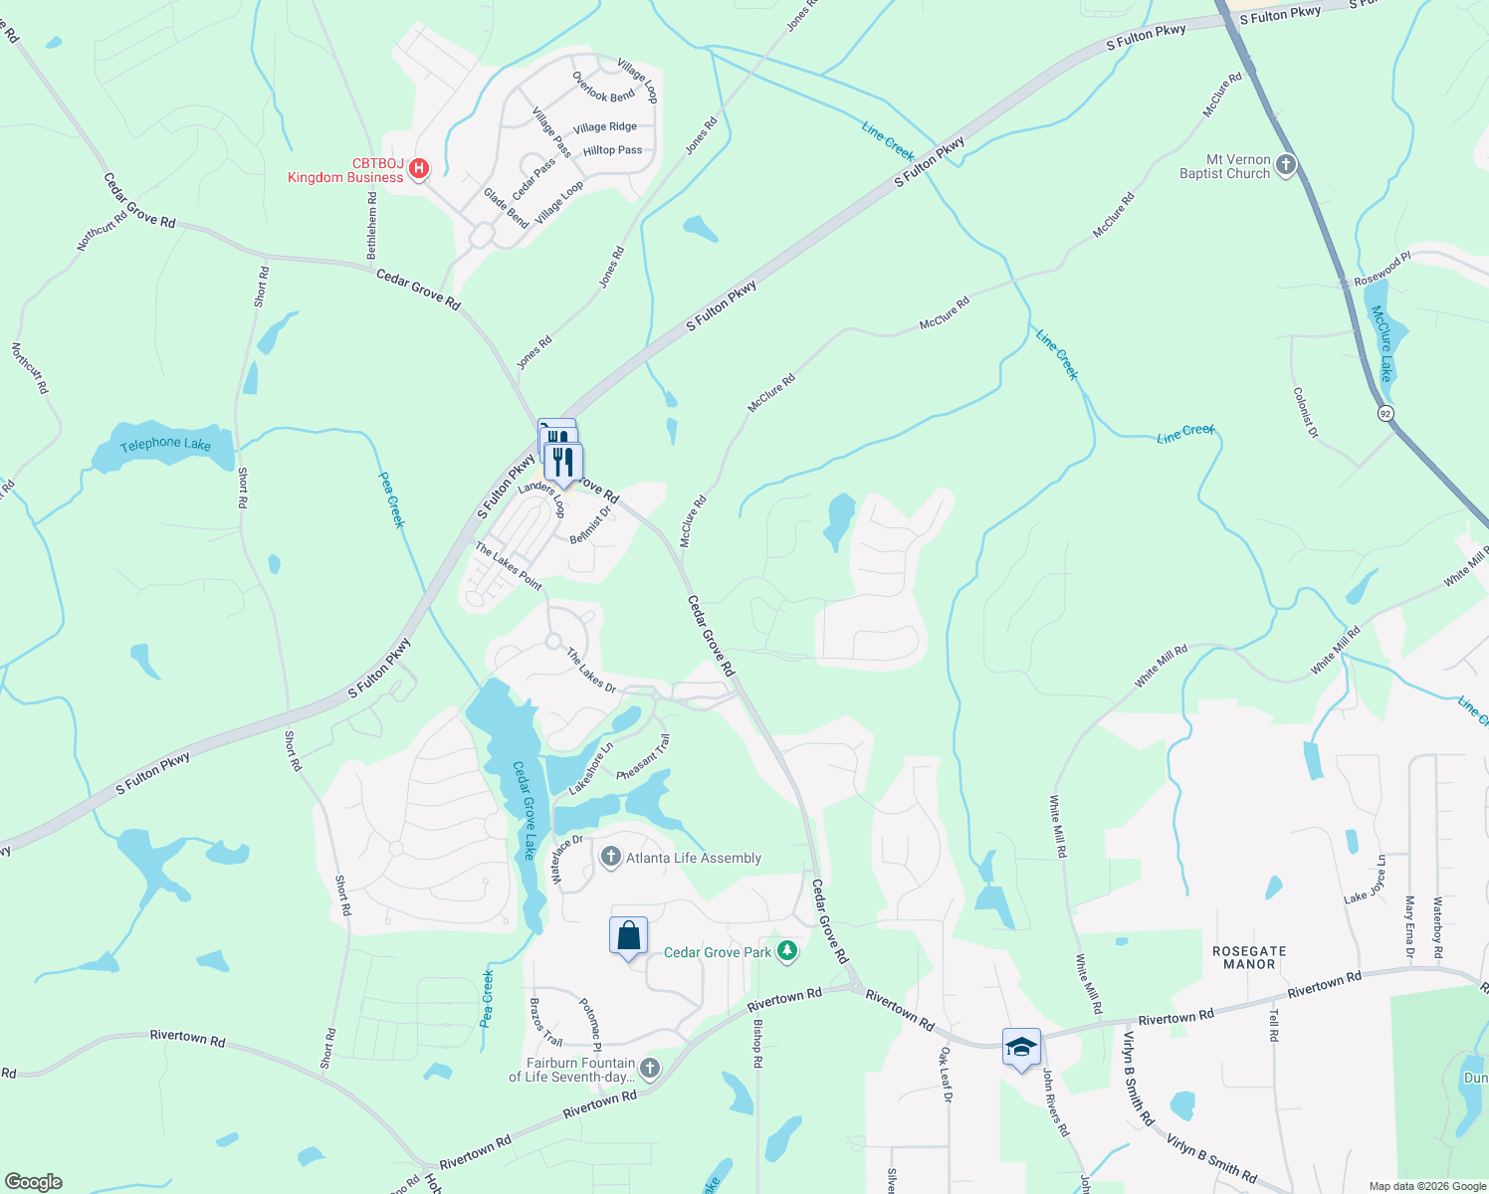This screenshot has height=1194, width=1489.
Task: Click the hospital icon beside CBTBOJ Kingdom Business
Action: click(419, 168)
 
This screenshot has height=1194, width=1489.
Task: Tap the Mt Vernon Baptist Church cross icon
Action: click(1286, 165)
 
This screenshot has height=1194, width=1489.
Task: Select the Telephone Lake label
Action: click(165, 444)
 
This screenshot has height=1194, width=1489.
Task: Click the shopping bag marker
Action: click(628, 936)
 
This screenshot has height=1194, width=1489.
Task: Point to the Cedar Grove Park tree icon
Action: click(787, 951)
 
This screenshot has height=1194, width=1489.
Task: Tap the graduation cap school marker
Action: click(1021, 1047)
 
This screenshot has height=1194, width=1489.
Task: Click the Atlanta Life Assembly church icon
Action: click(611, 857)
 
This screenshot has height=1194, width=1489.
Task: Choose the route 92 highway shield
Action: click(1385, 412)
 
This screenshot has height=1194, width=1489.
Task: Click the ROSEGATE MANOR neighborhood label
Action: click(1249, 957)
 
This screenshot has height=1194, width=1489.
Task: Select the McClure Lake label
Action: click(1383, 343)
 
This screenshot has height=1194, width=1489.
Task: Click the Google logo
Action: click(33, 1181)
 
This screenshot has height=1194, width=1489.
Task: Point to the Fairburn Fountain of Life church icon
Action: click(650, 1069)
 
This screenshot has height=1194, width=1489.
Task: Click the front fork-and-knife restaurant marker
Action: click(563, 462)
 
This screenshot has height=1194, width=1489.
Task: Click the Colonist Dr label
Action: click(1305, 412)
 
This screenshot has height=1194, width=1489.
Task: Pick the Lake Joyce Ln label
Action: click(1365, 880)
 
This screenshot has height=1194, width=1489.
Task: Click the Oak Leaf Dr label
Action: click(946, 1075)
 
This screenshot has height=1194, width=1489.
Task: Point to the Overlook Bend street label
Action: click(603, 88)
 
